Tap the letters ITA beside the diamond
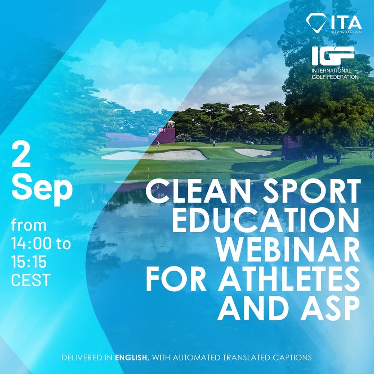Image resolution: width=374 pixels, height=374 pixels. pos(346,22)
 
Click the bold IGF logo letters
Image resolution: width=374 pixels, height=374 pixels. pos(333,56)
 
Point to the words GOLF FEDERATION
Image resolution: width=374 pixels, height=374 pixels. pos(335,77)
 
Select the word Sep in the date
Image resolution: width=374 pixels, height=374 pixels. pos(42,188)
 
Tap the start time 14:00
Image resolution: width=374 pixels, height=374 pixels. pos(31,244)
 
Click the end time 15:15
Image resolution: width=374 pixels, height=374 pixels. pos(29,262)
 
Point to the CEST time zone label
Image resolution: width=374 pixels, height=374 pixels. pos(31,280)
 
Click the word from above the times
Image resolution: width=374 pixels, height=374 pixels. pos(29,225)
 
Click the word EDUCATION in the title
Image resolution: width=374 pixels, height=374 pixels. pos(265,220)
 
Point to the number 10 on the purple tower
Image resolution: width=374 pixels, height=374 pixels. pos(163,130)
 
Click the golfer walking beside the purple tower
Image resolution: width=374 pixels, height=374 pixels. pos(158,145)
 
